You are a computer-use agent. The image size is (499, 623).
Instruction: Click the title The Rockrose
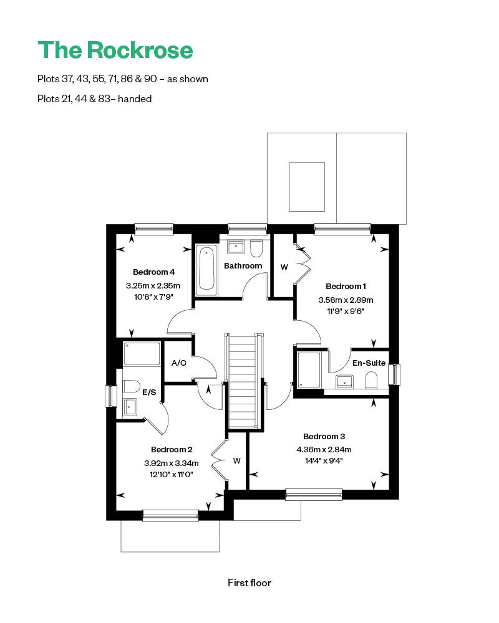tap(115, 50)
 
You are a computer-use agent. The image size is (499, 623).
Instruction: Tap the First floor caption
tap(249, 583)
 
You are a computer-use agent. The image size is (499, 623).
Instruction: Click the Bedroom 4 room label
tap(153, 272)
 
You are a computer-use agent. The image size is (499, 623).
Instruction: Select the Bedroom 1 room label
tap(346, 286)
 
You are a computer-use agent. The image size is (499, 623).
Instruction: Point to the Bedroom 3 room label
tap(324, 436)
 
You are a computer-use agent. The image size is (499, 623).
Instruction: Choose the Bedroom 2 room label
tap(172, 449)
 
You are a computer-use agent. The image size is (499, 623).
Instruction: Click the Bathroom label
tap(243, 266)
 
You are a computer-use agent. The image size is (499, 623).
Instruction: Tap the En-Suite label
tap(369, 363)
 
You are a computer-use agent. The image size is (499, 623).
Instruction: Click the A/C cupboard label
tap(178, 363)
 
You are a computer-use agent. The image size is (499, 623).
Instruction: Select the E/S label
tap(149, 392)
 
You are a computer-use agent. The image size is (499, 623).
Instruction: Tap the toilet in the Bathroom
tap(255, 249)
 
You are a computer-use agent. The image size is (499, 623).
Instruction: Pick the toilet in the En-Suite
tap(371, 380)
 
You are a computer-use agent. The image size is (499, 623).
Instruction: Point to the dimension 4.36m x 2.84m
tap(324, 449)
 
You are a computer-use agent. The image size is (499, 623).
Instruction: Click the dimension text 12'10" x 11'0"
tap(172, 474)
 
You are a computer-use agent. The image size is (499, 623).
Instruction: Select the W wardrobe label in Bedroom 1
tap(284, 267)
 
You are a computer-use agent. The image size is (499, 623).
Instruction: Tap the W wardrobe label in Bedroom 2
tap(237, 462)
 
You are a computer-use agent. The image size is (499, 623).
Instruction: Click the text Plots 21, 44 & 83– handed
tap(94, 98)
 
